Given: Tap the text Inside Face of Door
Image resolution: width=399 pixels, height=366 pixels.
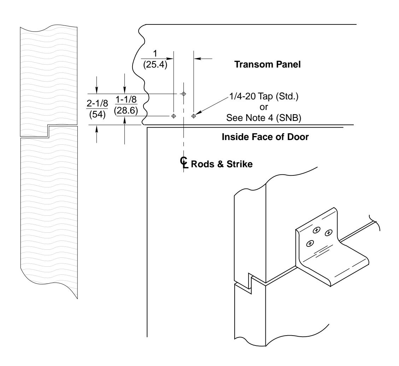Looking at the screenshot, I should (265, 138).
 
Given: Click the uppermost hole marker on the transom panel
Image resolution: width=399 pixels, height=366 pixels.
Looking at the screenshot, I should (183, 94).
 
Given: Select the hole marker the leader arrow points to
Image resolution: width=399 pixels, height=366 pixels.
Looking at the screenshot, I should (193, 116).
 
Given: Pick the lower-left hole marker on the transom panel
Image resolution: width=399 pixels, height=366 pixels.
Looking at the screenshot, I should (173, 116).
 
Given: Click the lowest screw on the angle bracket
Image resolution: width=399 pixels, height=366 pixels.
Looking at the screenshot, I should (311, 243).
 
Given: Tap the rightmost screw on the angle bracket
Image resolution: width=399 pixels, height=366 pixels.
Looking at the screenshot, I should (329, 233).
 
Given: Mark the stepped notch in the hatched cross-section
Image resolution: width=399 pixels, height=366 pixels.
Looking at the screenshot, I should (48, 131).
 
